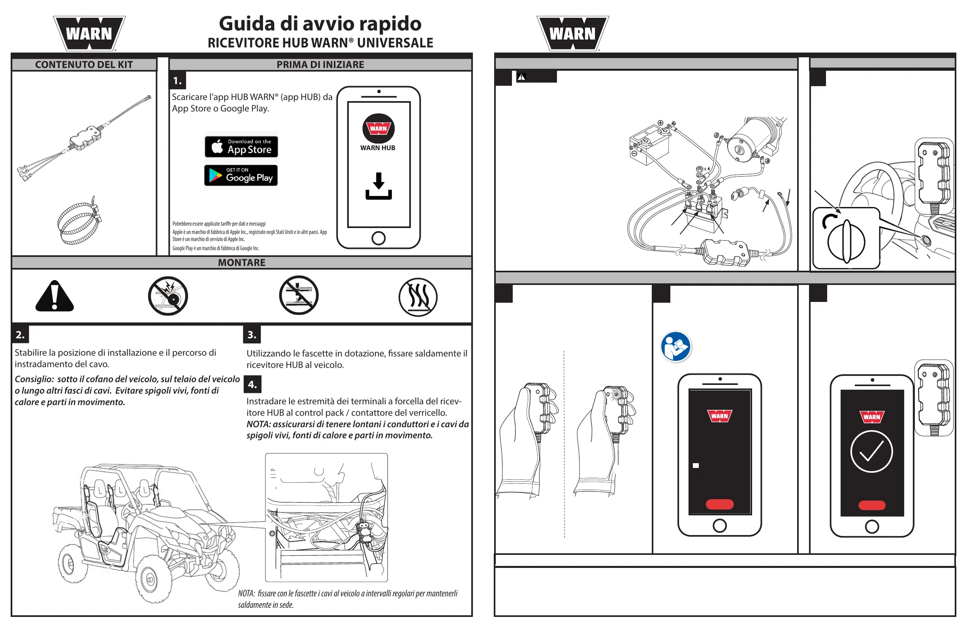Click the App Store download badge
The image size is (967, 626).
click(x=241, y=147)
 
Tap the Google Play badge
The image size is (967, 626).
click(x=241, y=175)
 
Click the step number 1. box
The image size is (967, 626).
click(x=177, y=81)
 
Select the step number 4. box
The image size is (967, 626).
click(x=252, y=385)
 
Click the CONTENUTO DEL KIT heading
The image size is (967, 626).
click(x=84, y=65)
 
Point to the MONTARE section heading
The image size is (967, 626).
click(x=241, y=262)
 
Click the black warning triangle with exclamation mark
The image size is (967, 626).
click(x=55, y=296)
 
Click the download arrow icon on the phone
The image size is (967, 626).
click(x=378, y=186)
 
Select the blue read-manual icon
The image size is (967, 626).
click(x=675, y=347)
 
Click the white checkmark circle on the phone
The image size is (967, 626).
click(x=871, y=452)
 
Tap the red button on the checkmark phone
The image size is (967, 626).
click(x=871, y=505)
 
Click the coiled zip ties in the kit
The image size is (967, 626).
click(x=79, y=222)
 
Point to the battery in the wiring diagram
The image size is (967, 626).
click(x=649, y=145)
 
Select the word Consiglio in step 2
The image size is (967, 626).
click(x=34, y=379)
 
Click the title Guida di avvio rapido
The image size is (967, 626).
click(x=320, y=24)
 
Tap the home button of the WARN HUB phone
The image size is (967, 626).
click(x=378, y=238)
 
